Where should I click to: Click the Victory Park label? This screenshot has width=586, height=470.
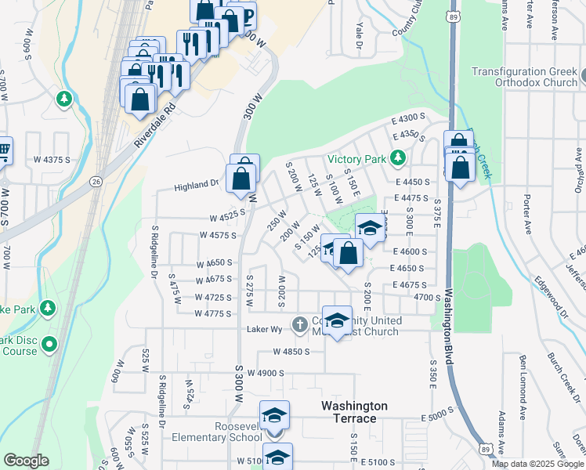[358, 158]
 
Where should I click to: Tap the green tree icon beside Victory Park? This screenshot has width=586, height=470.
[398, 158]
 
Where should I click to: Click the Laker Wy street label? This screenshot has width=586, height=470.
[265, 329]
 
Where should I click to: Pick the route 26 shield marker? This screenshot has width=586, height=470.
[96, 181]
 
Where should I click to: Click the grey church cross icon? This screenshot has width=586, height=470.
[299, 324]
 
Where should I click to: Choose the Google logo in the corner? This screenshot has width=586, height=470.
[26, 461]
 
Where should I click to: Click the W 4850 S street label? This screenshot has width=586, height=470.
[292, 352]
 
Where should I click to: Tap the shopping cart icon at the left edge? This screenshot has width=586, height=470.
[4, 150]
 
